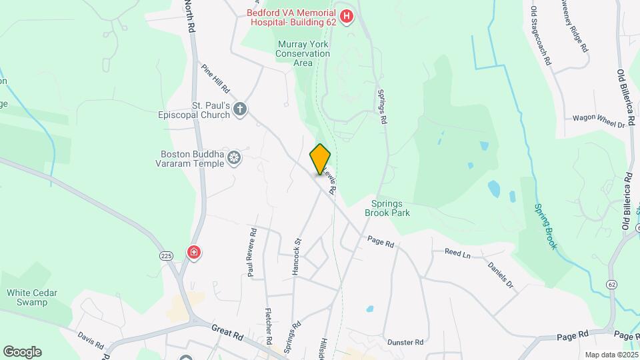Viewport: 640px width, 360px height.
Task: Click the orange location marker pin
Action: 321,159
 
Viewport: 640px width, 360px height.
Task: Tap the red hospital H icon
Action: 346,17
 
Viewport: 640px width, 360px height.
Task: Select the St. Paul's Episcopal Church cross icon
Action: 241,109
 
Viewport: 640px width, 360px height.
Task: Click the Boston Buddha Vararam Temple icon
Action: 234,157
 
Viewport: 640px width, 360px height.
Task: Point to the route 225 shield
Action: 167,255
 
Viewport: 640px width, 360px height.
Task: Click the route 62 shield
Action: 612,285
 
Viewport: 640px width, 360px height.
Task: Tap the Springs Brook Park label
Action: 387,208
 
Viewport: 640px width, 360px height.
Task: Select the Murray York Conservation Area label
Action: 303,54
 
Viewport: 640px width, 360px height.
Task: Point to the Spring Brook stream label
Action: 545,227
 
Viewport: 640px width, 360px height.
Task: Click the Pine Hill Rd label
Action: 215,79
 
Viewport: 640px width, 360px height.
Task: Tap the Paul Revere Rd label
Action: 251,253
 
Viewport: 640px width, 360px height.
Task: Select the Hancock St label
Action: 297,255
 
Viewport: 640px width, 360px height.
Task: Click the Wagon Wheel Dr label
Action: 598,120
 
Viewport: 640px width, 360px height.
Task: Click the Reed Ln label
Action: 457,253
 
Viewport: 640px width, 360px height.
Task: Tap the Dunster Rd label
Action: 406,343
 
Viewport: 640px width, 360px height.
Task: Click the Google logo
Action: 22,352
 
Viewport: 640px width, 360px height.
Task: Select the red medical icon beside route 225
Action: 194,253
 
